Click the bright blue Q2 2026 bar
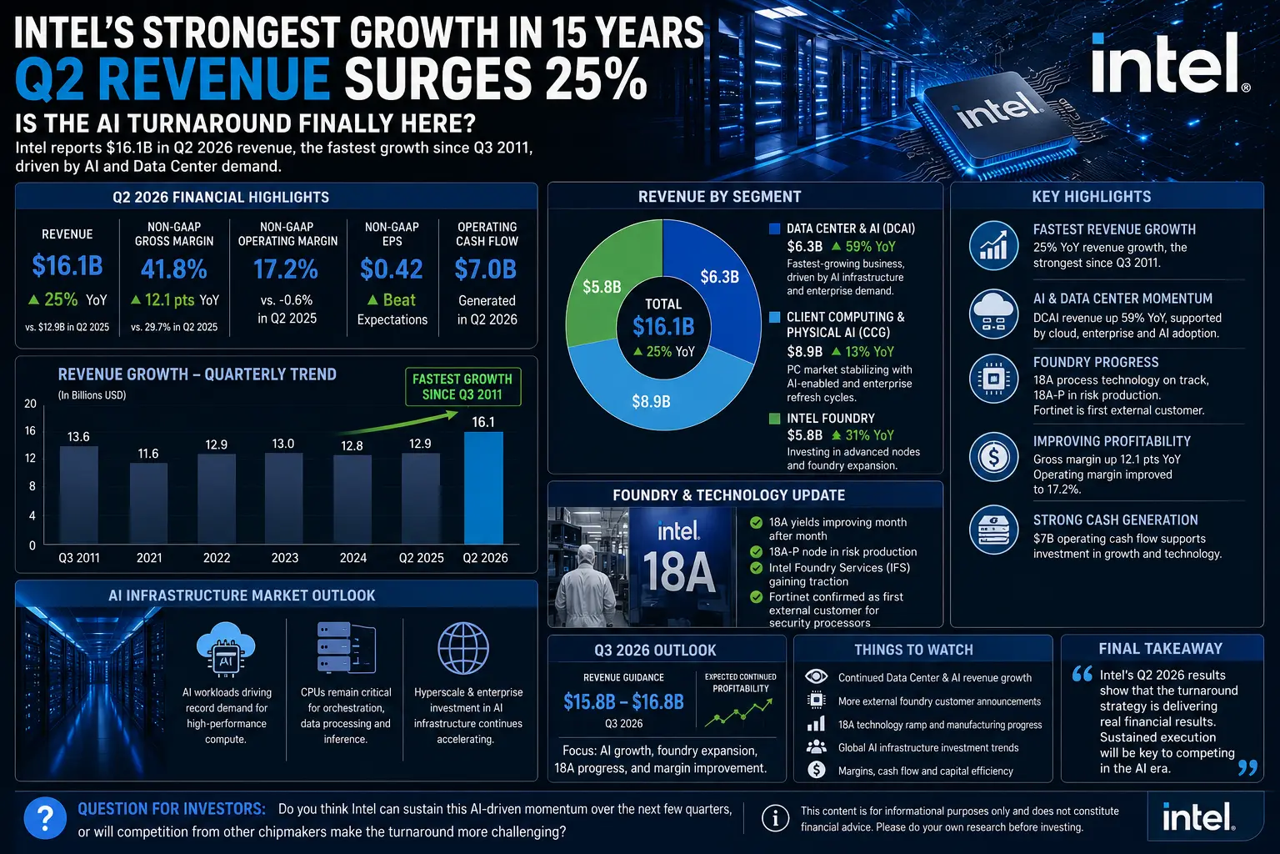[483, 488]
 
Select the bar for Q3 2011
[79, 495]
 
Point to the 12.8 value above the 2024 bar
[352, 445]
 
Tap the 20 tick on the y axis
[30, 404]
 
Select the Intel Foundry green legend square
[774, 419]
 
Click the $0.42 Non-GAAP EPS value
[392, 269]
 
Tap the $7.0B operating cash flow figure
[486, 269]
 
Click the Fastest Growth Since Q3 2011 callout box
[462, 387]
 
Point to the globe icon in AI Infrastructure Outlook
[463, 648]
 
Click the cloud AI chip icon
[227, 649]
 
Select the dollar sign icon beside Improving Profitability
[993, 456]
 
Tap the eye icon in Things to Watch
[816, 676]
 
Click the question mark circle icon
[45, 818]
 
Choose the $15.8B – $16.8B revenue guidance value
[623, 702]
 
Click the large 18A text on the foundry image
[679, 572]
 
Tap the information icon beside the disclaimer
[776, 818]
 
